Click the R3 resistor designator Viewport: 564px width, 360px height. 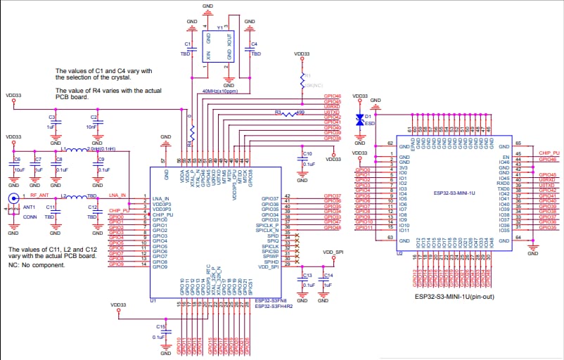click(x=278, y=112)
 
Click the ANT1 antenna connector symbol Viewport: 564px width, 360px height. click(x=12, y=200)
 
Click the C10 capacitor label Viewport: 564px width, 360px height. click(x=307, y=153)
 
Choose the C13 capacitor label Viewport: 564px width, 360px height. click(x=307, y=276)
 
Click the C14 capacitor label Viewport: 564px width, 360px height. click(x=328, y=276)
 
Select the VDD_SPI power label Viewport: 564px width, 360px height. click(x=333, y=252)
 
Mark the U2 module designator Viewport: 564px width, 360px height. click(x=399, y=253)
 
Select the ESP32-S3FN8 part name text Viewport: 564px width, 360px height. click(x=269, y=300)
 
